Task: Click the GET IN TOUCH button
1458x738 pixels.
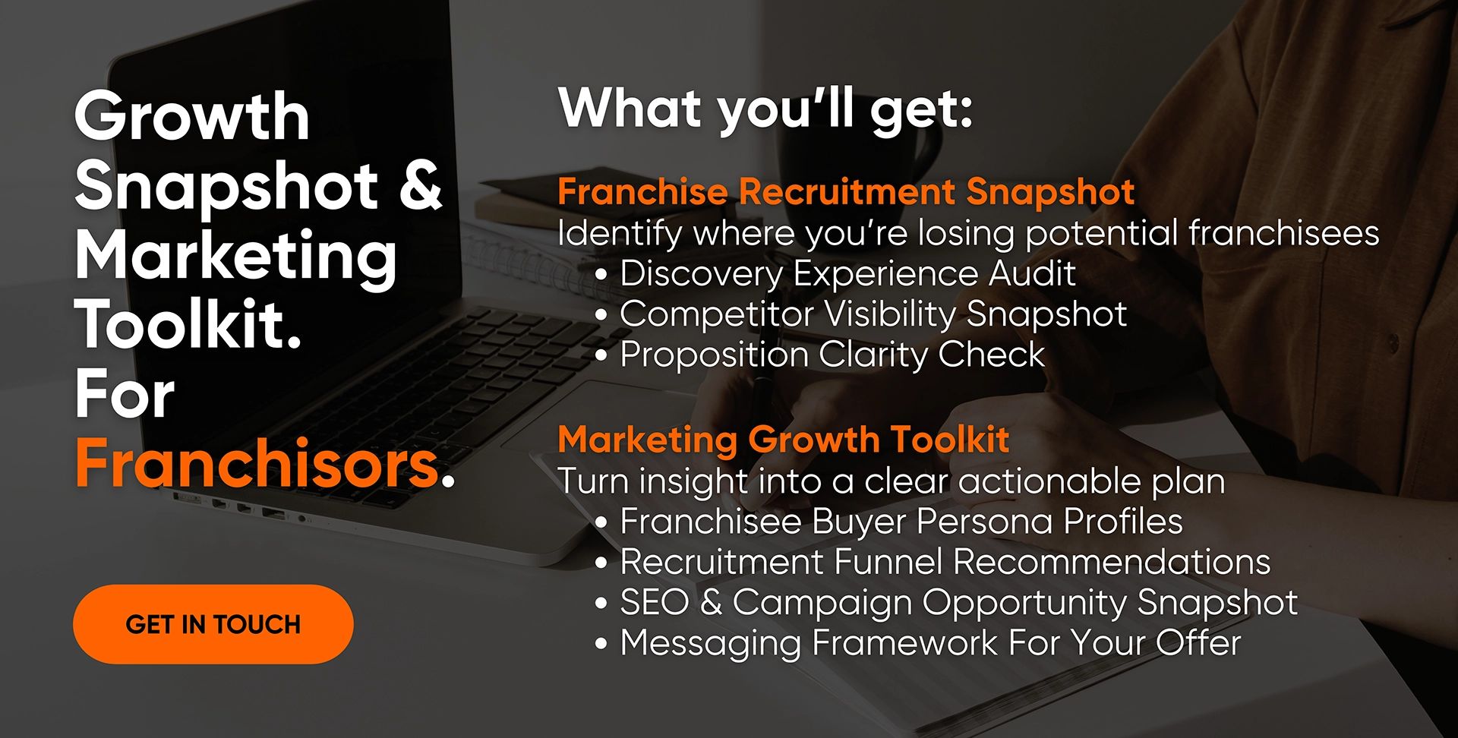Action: (213, 624)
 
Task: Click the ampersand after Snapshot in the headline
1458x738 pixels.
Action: (421, 185)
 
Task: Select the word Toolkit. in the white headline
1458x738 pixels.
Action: (189, 324)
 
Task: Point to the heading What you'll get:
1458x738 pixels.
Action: (765, 109)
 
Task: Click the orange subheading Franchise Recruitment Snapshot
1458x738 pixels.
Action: (846, 191)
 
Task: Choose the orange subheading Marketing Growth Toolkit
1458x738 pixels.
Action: (784, 439)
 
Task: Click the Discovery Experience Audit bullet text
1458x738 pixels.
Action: (847, 273)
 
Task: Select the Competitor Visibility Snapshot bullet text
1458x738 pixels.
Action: (873, 314)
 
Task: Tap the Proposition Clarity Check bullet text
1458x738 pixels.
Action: (832, 355)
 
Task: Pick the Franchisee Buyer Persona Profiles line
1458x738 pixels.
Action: (901, 522)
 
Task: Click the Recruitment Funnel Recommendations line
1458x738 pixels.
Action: (945, 562)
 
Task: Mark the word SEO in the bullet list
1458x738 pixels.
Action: (654, 602)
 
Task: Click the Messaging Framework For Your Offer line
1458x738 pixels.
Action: (931, 643)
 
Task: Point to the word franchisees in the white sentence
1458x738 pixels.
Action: (1284, 233)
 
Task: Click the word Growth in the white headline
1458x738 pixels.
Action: (192, 116)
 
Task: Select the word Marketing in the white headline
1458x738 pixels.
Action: (236, 257)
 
